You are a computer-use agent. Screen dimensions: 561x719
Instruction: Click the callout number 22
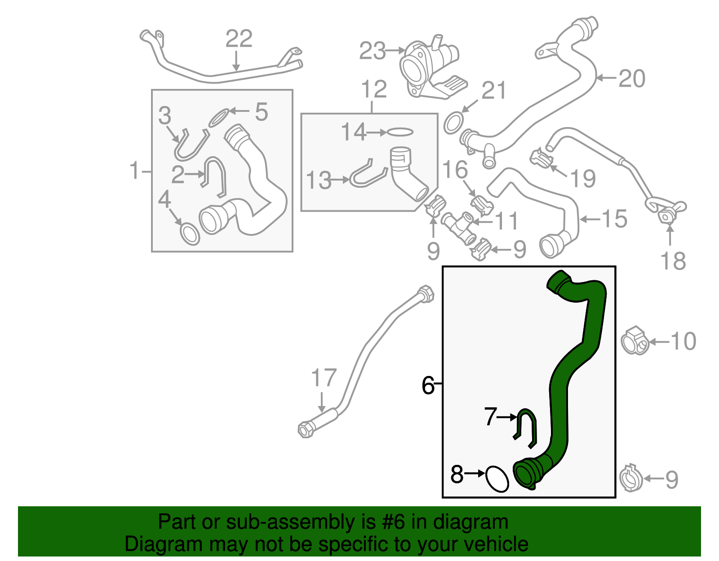[239, 39]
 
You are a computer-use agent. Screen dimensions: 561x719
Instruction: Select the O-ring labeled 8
[497, 479]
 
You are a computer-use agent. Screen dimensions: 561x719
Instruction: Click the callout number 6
[428, 385]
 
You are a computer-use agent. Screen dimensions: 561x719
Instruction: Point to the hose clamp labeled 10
[635, 341]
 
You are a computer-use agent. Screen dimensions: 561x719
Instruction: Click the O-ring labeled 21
[454, 123]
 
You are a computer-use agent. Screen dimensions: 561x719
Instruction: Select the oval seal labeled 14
[399, 132]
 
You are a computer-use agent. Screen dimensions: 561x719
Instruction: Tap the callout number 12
[373, 89]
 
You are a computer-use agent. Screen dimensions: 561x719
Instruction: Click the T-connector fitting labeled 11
[458, 226]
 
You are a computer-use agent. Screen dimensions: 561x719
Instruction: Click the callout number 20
[632, 79]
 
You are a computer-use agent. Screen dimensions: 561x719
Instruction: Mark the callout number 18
[673, 261]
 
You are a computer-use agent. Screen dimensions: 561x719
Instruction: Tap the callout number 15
[614, 219]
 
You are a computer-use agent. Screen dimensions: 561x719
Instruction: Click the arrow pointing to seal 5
[239, 111]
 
